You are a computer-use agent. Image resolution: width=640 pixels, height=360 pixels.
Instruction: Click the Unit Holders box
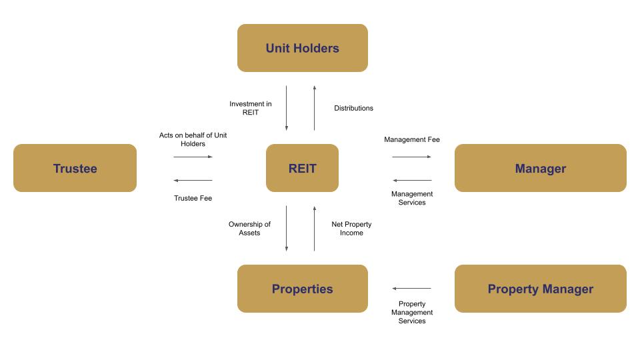point(302,48)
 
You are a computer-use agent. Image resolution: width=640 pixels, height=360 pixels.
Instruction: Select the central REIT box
point(302,168)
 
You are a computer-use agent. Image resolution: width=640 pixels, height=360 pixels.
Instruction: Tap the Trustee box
point(75,168)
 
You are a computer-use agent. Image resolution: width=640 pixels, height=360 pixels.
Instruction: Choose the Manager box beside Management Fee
point(540,168)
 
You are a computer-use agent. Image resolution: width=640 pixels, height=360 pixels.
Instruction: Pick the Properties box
point(302,289)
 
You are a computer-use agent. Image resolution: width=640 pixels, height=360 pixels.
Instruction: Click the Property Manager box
point(540,289)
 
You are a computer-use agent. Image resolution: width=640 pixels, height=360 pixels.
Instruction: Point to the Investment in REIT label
point(250,108)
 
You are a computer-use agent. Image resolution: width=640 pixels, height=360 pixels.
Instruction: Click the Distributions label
point(353,108)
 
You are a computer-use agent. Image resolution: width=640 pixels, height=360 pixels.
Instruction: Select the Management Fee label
point(412,139)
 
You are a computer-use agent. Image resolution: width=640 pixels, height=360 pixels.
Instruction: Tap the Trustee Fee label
point(193,198)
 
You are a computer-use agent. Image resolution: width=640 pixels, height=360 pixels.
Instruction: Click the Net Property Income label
point(351,229)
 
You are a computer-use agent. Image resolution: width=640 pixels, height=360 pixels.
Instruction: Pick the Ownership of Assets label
point(249,229)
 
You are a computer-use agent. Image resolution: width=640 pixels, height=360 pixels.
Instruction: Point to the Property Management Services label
point(412,312)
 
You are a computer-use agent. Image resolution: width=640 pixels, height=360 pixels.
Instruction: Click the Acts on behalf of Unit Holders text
point(193,139)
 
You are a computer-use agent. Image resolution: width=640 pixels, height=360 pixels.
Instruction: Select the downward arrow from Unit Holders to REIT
point(287,108)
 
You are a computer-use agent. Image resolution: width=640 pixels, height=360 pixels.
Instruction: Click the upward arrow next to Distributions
point(314,108)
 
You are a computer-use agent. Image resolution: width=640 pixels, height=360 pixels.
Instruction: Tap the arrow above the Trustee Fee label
point(193,180)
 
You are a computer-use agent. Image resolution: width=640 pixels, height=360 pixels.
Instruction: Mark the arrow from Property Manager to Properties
point(412,288)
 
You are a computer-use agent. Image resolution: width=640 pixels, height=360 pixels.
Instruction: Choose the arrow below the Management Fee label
point(412,157)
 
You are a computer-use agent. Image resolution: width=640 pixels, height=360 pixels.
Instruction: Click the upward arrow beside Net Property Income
point(314,229)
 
